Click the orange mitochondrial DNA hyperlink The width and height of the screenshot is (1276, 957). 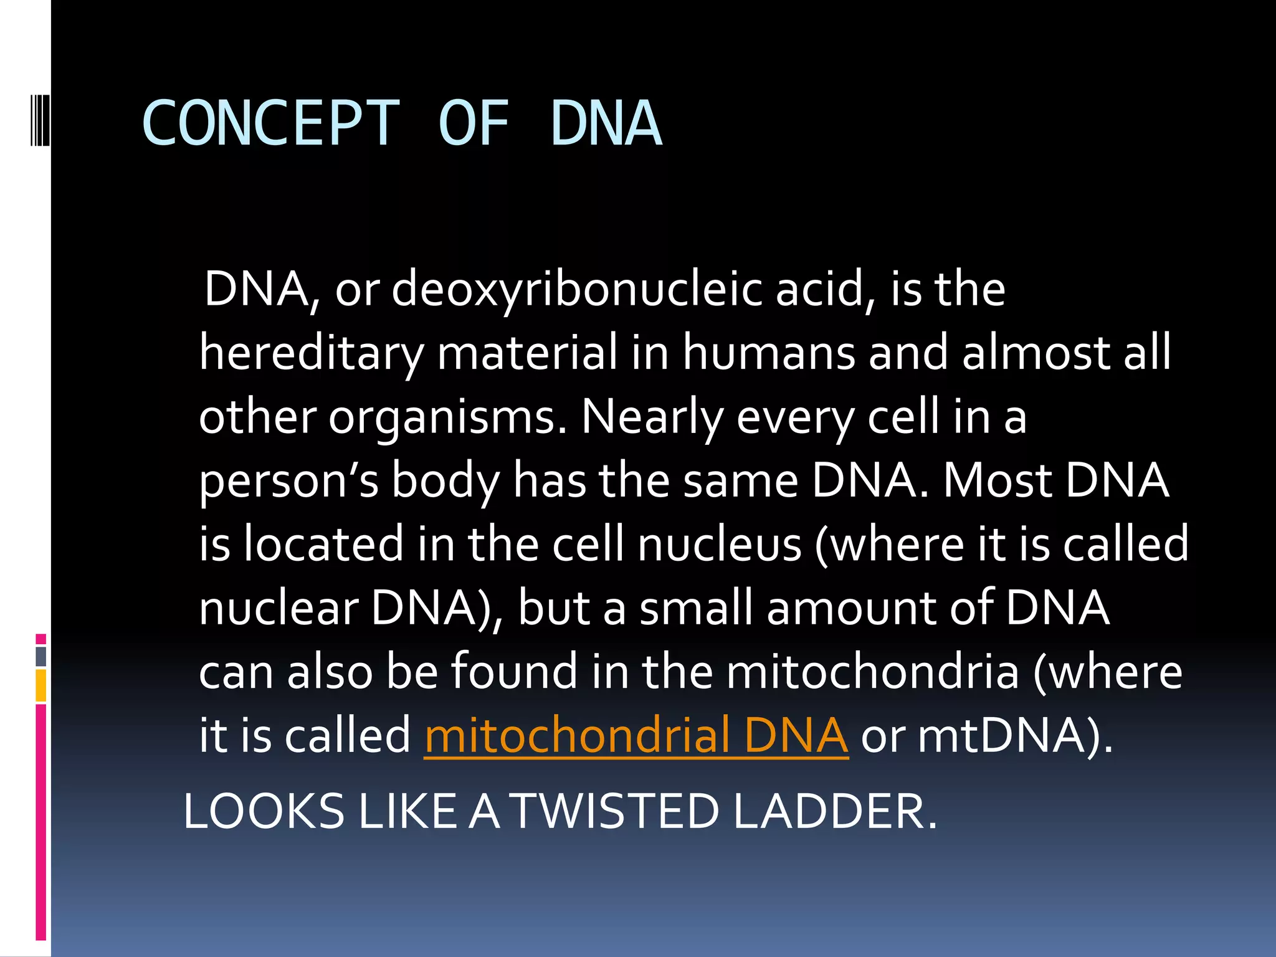[x=636, y=735]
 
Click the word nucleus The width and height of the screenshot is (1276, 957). [x=720, y=544]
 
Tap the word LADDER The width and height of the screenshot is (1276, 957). [x=835, y=811]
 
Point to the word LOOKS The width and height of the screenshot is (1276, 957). [x=264, y=811]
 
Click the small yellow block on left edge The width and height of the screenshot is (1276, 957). [x=40, y=685]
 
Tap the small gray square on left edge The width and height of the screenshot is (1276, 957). [x=40, y=656]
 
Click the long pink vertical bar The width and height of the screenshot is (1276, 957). [x=40, y=822]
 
